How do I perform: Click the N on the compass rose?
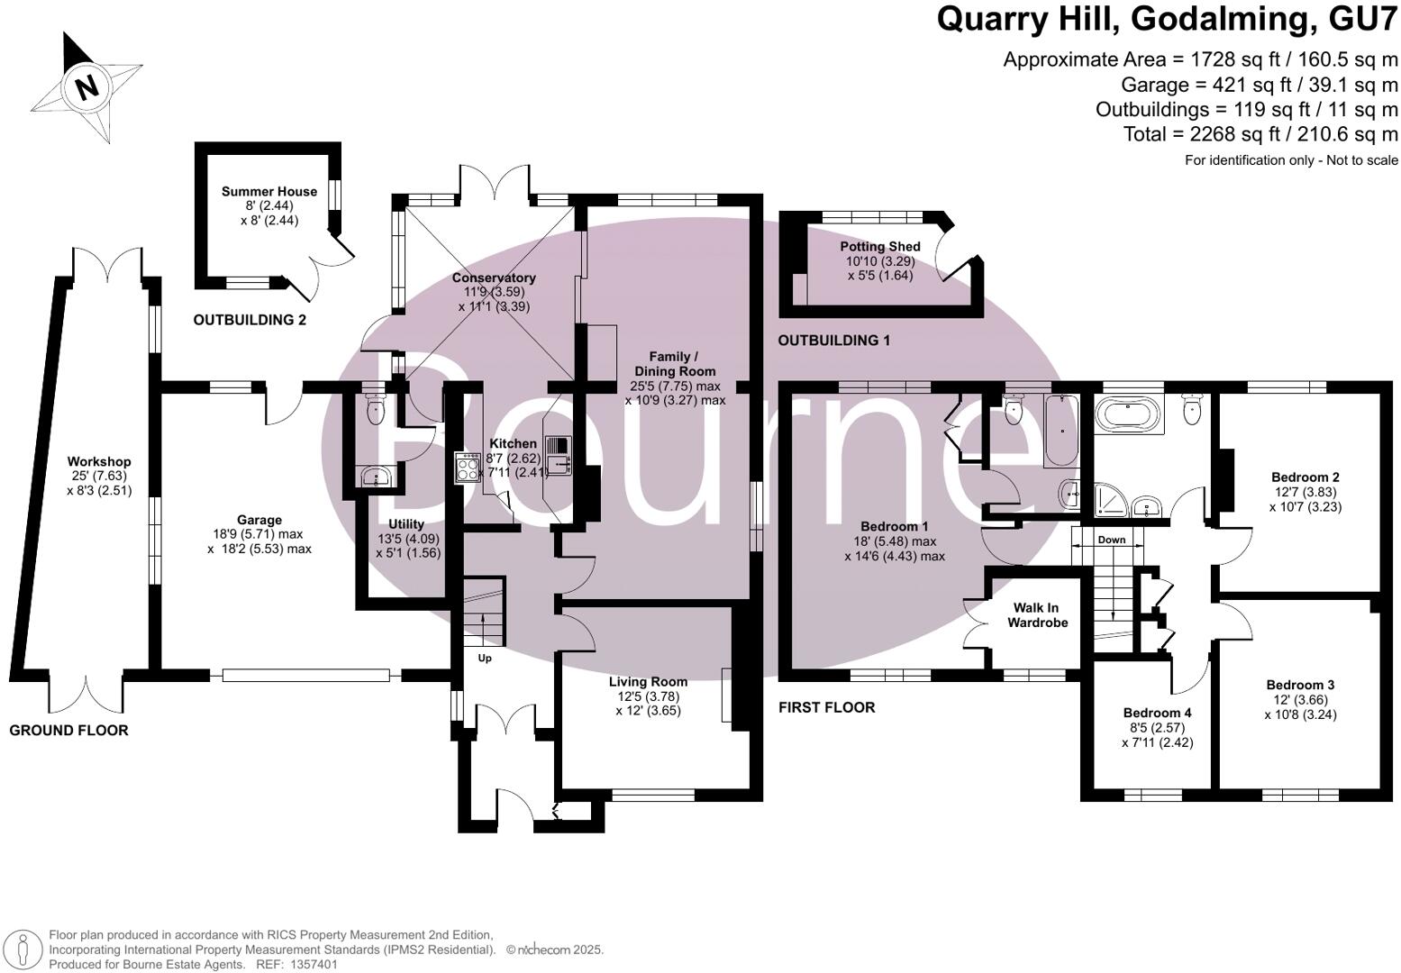(x=86, y=88)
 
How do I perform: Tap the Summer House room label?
(x=269, y=191)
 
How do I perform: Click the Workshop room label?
(x=99, y=461)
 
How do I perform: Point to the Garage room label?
(x=259, y=520)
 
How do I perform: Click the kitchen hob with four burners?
(x=469, y=467)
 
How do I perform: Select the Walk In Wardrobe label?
(x=1037, y=615)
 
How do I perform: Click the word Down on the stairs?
(x=1111, y=541)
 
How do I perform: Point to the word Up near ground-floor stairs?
(x=485, y=658)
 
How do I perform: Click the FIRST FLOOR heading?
(x=826, y=708)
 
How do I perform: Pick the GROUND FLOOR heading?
(x=68, y=731)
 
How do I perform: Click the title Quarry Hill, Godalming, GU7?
(x=1167, y=19)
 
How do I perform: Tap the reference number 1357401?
(x=312, y=964)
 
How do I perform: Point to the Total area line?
(x=1260, y=134)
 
